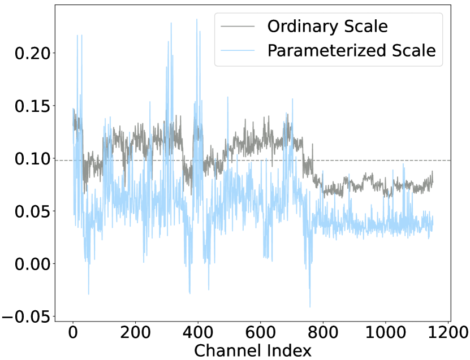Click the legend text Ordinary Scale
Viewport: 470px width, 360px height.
tap(327, 26)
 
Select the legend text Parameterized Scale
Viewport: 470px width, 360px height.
tap(351, 51)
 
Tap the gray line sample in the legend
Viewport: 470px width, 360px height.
tap(239, 26)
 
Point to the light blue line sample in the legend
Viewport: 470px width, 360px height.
tap(239, 51)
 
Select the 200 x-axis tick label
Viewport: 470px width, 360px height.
tap(135, 331)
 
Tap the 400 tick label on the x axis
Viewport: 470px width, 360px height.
tap(198, 331)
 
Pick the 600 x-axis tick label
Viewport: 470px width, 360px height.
tap(260, 331)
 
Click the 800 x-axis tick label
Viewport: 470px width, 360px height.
tap(323, 331)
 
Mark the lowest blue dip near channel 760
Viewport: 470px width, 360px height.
tap(310, 306)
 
